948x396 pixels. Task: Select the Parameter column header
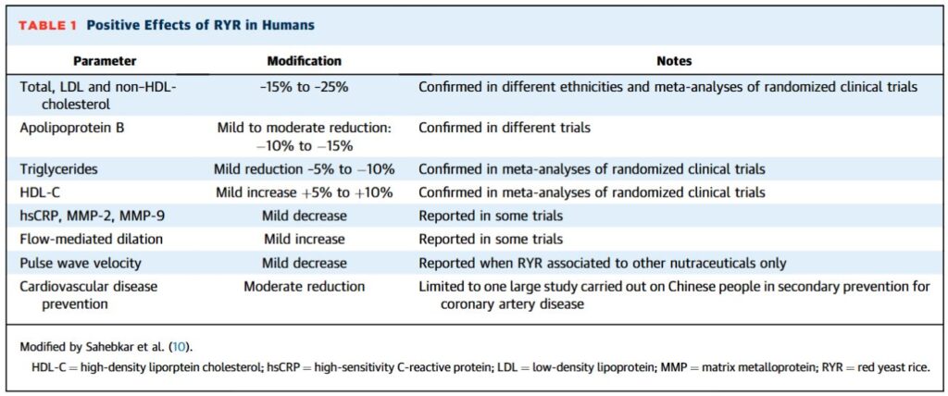click(x=105, y=61)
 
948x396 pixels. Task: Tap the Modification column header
click(x=304, y=61)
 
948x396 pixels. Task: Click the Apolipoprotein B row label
click(x=72, y=129)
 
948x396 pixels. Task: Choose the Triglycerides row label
click(x=58, y=170)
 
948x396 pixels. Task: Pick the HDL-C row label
click(x=41, y=192)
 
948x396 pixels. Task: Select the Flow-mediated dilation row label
click(x=92, y=240)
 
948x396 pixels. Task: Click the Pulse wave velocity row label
click(x=81, y=264)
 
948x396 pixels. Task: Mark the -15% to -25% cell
click(x=304, y=87)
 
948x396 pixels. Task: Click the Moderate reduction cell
click(x=304, y=287)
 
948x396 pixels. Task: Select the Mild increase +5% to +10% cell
click(x=304, y=192)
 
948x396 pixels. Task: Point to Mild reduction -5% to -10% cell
click(x=304, y=170)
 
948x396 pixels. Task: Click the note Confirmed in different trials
click(x=505, y=129)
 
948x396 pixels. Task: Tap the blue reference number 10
click(x=180, y=348)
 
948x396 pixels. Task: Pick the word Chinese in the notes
click(x=691, y=287)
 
